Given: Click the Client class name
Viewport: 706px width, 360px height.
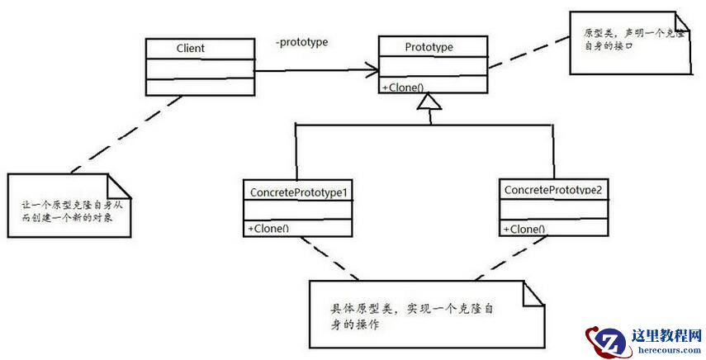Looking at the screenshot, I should (x=190, y=49).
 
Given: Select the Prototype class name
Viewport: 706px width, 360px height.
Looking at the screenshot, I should (x=429, y=47).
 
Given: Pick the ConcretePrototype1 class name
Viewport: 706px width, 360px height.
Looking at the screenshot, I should (x=297, y=192).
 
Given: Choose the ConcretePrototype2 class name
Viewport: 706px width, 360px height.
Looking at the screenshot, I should (x=552, y=190).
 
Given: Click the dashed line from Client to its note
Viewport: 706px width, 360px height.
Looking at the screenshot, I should (x=132, y=135).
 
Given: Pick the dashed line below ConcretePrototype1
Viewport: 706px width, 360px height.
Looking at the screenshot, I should (x=330, y=258).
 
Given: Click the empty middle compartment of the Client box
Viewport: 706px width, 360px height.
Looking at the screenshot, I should (x=199, y=68).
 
